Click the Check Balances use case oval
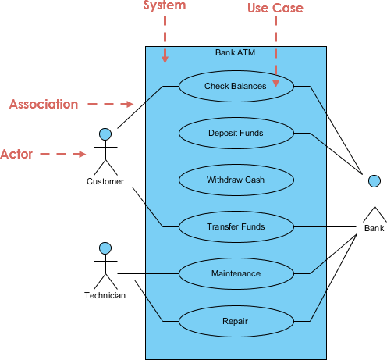[x=236, y=86]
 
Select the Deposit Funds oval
[x=236, y=133]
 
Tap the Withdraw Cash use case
[x=236, y=180]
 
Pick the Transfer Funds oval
[x=236, y=226]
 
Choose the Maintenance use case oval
[x=236, y=273]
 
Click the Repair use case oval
[x=236, y=320]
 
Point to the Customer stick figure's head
[x=105, y=134]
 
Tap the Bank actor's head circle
[x=374, y=180]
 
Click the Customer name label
[x=105, y=182]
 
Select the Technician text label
[x=105, y=295]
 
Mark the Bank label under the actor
[x=374, y=228]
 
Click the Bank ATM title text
[x=235, y=53]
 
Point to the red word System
[x=165, y=6]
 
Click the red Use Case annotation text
[x=275, y=8]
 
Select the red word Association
[x=44, y=104]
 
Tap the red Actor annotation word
[x=16, y=154]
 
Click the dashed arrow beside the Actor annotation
[x=62, y=155]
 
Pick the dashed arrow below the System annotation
[x=165, y=39]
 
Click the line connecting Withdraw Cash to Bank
[x=328, y=180]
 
